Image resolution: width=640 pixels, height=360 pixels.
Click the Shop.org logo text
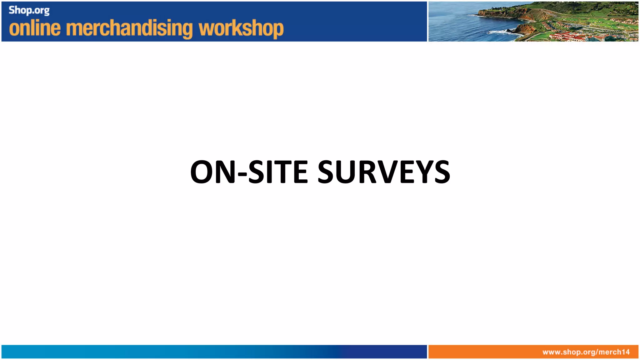pyautogui.click(x=29, y=10)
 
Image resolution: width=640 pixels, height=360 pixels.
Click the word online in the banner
pyautogui.click(x=35, y=28)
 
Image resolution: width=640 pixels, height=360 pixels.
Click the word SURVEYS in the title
pyautogui.click(x=384, y=172)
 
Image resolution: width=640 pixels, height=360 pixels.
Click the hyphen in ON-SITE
pyautogui.click(x=242, y=174)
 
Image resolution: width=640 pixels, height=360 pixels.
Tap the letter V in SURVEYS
pyautogui.click(x=391, y=172)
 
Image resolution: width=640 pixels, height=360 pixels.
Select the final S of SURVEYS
pyautogui.click(x=441, y=172)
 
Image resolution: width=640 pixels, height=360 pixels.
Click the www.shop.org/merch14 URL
pyautogui.click(x=586, y=352)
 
